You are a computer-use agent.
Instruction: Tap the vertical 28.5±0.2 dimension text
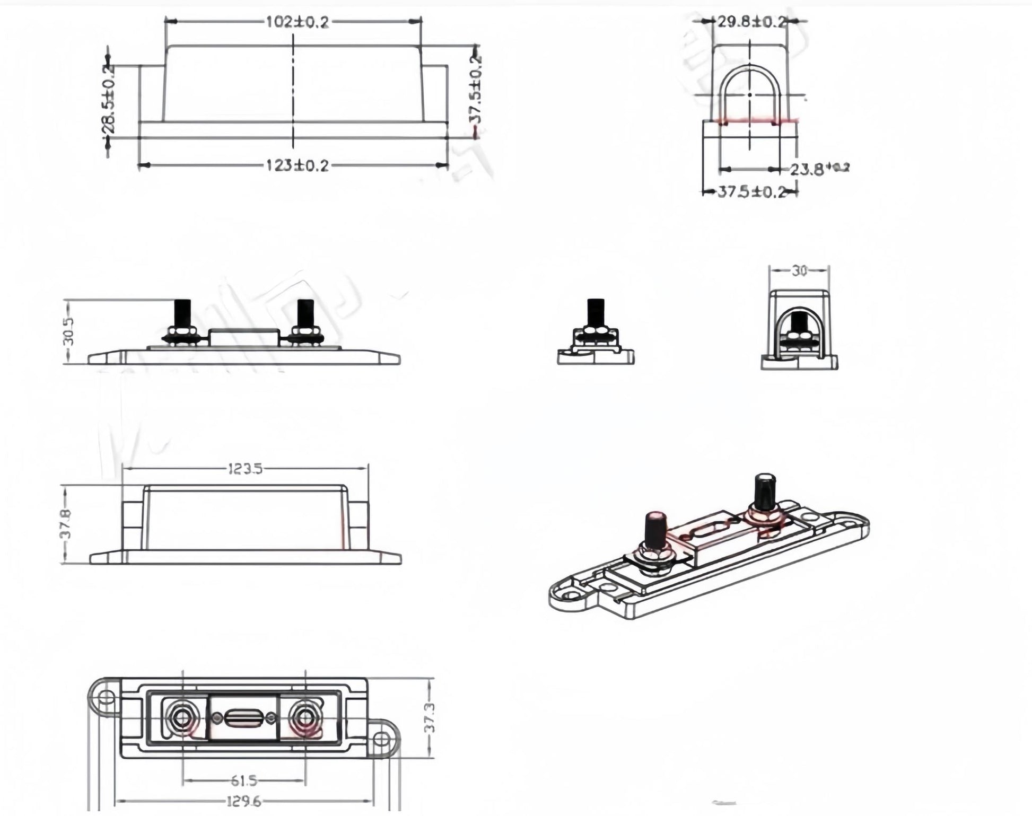pos(108,101)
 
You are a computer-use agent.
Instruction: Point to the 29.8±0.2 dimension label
pos(751,22)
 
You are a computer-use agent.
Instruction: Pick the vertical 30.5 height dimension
pos(68,331)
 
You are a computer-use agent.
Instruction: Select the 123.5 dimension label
pos(245,469)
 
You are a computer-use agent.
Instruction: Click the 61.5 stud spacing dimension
pos(244,780)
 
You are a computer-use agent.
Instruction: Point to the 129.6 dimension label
pos(244,801)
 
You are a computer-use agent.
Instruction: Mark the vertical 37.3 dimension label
pos(430,717)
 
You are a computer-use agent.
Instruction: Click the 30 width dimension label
pos(799,271)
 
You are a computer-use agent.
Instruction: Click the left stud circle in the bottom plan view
pos(182,718)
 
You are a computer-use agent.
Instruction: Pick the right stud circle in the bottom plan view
pos(305,718)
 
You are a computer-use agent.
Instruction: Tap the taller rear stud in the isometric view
pos(764,490)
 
